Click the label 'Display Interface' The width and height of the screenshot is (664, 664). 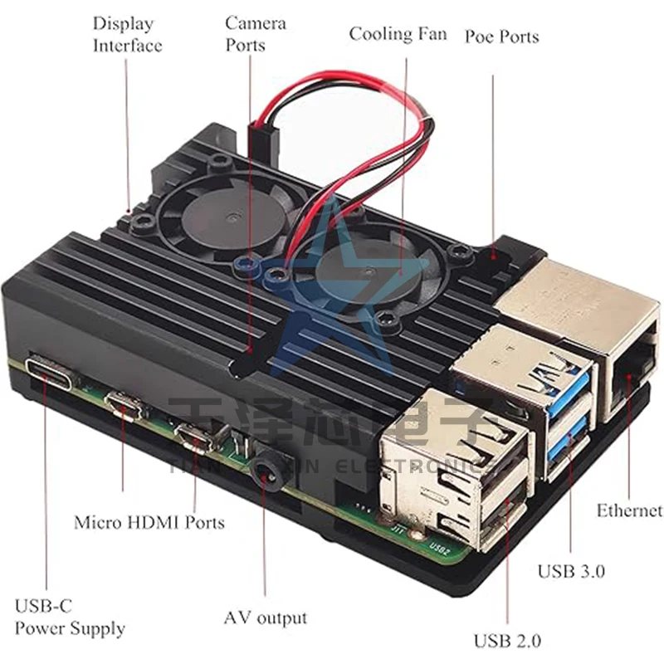(x=126, y=34)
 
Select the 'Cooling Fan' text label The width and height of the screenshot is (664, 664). (x=398, y=34)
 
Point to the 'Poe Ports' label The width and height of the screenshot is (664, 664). (x=501, y=37)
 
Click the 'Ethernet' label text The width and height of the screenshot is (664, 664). (x=629, y=510)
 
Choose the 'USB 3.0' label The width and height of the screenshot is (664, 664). (x=571, y=571)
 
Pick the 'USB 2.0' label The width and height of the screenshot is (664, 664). (x=507, y=640)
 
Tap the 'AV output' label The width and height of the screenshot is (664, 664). (x=265, y=618)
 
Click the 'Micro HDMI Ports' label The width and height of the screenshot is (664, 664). (x=149, y=522)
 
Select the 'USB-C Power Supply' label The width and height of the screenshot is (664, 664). (x=70, y=617)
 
